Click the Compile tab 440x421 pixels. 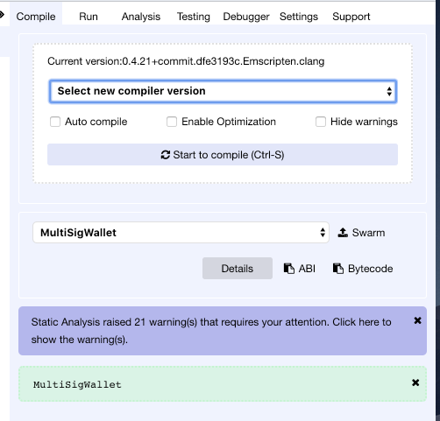(x=36, y=17)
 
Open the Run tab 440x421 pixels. (x=89, y=17)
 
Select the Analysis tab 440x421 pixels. (x=141, y=17)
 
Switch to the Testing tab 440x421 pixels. (x=194, y=17)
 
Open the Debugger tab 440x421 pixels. (x=246, y=17)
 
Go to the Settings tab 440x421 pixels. (x=299, y=17)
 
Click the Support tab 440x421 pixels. (x=351, y=17)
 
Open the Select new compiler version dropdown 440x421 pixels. (x=223, y=91)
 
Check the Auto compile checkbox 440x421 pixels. (x=55, y=122)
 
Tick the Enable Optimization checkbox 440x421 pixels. (x=172, y=122)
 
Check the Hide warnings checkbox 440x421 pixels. (x=321, y=122)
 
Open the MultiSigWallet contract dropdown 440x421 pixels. (x=181, y=233)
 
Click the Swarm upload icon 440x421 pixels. (x=343, y=233)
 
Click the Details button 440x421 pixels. (x=238, y=269)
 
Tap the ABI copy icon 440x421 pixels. (x=289, y=269)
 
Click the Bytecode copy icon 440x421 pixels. (x=338, y=269)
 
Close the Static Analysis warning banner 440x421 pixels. (x=417, y=320)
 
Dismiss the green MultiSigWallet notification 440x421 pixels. (x=415, y=382)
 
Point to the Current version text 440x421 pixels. (x=186, y=61)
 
